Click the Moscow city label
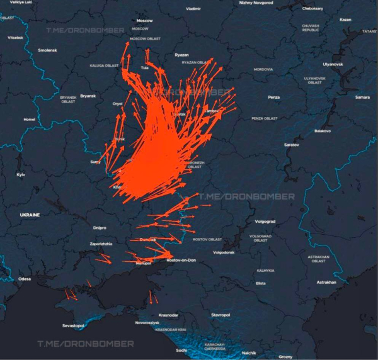pyautogui.click(x=144, y=21)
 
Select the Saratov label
pyautogui.click(x=292, y=145)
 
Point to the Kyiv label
pyautogui.click(x=21, y=174)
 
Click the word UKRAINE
pyautogui.click(x=30, y=215)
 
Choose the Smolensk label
pyautogui.click(x=47, y=50)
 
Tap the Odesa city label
pyautogui.click(x=25, y=278)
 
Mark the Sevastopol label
pyautogui.click(x=73, y=325)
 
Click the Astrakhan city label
pyautogui.click(x=326, y=282)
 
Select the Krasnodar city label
pyautogui.click(x=168, y=315)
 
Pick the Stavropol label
pyautogui.click(x=220, y=314)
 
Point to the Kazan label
pyautogui.click(x=345, y=20)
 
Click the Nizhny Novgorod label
pyautogui.click(x=256, y=3)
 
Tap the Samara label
pyautogui.click(x=362, y=97)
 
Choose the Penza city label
pyautogui.click(x=273, y=97)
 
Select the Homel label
pyautogui.click(x=30, y=119)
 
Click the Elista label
pyautogui.click(x=261, y=283)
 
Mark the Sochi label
pyautogui.click(x=181, y=350)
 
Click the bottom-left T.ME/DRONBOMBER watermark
pyautogui.click(x=86, y=344)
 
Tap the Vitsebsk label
pyautogui.click(x=15, y=38)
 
